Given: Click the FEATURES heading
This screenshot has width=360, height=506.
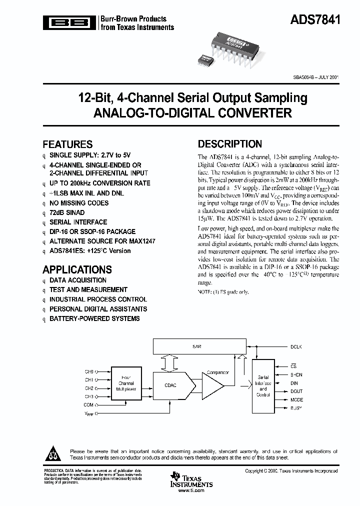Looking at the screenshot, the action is point(67,144).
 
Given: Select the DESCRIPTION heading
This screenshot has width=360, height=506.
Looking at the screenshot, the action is point(229,144).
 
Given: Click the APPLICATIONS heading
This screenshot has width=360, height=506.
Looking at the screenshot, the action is point(77,269).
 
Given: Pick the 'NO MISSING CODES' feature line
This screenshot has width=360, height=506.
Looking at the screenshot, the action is point(78,203).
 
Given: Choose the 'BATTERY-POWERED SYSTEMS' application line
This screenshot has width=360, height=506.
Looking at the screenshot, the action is point(94,318).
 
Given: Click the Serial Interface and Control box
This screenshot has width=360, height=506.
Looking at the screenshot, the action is point(263,384).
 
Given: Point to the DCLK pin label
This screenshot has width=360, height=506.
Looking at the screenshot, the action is point(296,346).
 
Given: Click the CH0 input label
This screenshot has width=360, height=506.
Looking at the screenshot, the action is point(89,371).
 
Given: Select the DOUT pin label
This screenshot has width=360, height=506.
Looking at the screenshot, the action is point(296,391).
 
